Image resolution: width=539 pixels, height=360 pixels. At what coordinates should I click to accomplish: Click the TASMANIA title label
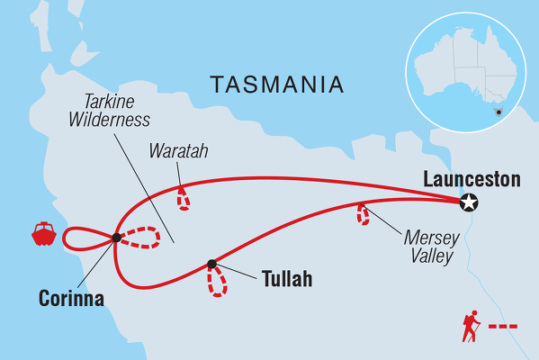point(277,85)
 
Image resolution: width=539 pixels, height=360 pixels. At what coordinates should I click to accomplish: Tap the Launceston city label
point(472,180)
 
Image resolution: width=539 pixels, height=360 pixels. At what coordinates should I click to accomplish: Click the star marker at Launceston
point(468,202)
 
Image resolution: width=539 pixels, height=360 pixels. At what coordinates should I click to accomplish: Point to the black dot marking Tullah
point(211,264)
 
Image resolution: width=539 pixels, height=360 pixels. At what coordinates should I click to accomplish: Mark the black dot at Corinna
point(116,238)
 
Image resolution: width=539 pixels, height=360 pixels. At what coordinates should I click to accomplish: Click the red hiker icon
point(469,328)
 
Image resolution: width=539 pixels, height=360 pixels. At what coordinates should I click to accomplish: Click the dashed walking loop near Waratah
point(184,199)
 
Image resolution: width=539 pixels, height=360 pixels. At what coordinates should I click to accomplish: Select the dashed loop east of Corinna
point(142,238)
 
